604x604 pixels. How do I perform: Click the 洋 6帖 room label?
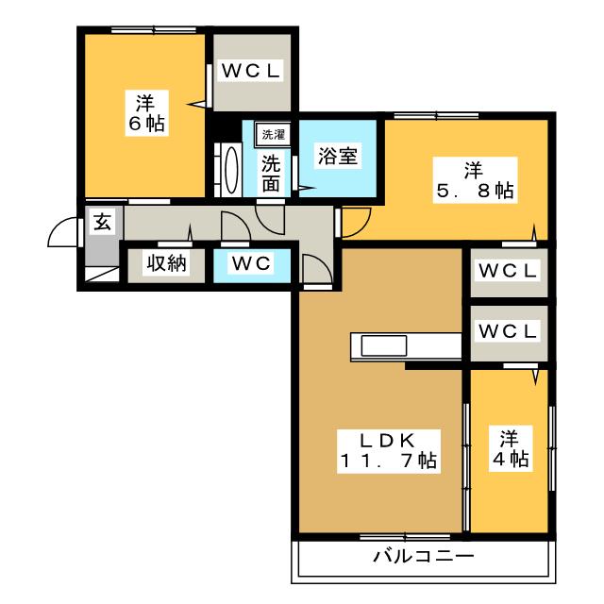tap(146, 113)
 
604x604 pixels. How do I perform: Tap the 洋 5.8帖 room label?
tap(476, 180)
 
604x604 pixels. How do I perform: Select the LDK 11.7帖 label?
tap(389, 451)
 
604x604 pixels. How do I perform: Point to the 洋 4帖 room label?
tap(511, 448)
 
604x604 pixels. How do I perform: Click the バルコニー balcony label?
tap(423, 556)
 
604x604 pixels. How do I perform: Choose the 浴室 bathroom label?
tap(338, 156)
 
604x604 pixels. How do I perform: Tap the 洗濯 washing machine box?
tap(274, 134)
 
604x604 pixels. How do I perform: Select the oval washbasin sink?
tap(231, 170)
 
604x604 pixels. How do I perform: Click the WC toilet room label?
tap(251, 263)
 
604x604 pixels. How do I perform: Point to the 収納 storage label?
tap(166, 264)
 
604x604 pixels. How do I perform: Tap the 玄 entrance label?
tap(102, 222)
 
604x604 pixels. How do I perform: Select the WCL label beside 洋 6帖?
tap(250, 71)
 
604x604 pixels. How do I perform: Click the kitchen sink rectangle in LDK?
tap(384, 345)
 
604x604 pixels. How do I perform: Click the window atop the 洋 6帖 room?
tap(154, 29)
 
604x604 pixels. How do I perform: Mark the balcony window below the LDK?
tap(405, 537)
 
